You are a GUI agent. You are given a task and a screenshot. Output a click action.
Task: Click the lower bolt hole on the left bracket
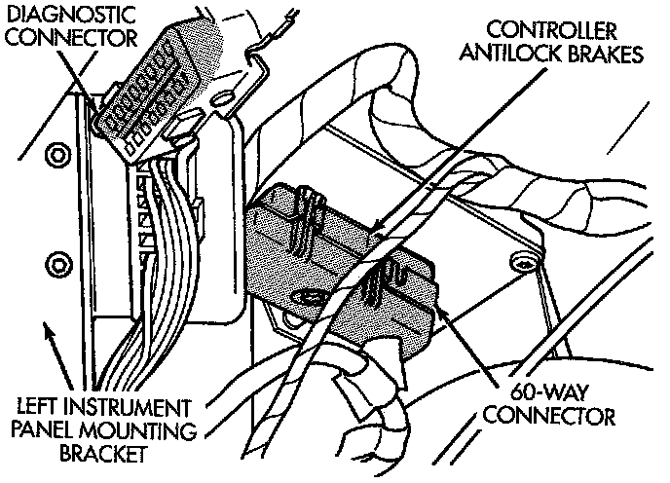tap(55, 262)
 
